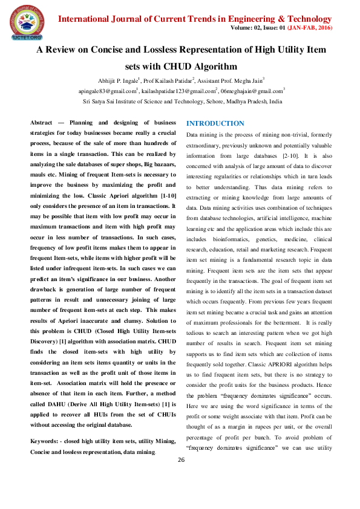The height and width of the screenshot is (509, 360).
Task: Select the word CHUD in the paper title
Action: pyautogui.click(x=168, y=66)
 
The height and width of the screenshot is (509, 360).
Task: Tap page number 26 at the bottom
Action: pyautogui.click(x=180, y=478)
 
